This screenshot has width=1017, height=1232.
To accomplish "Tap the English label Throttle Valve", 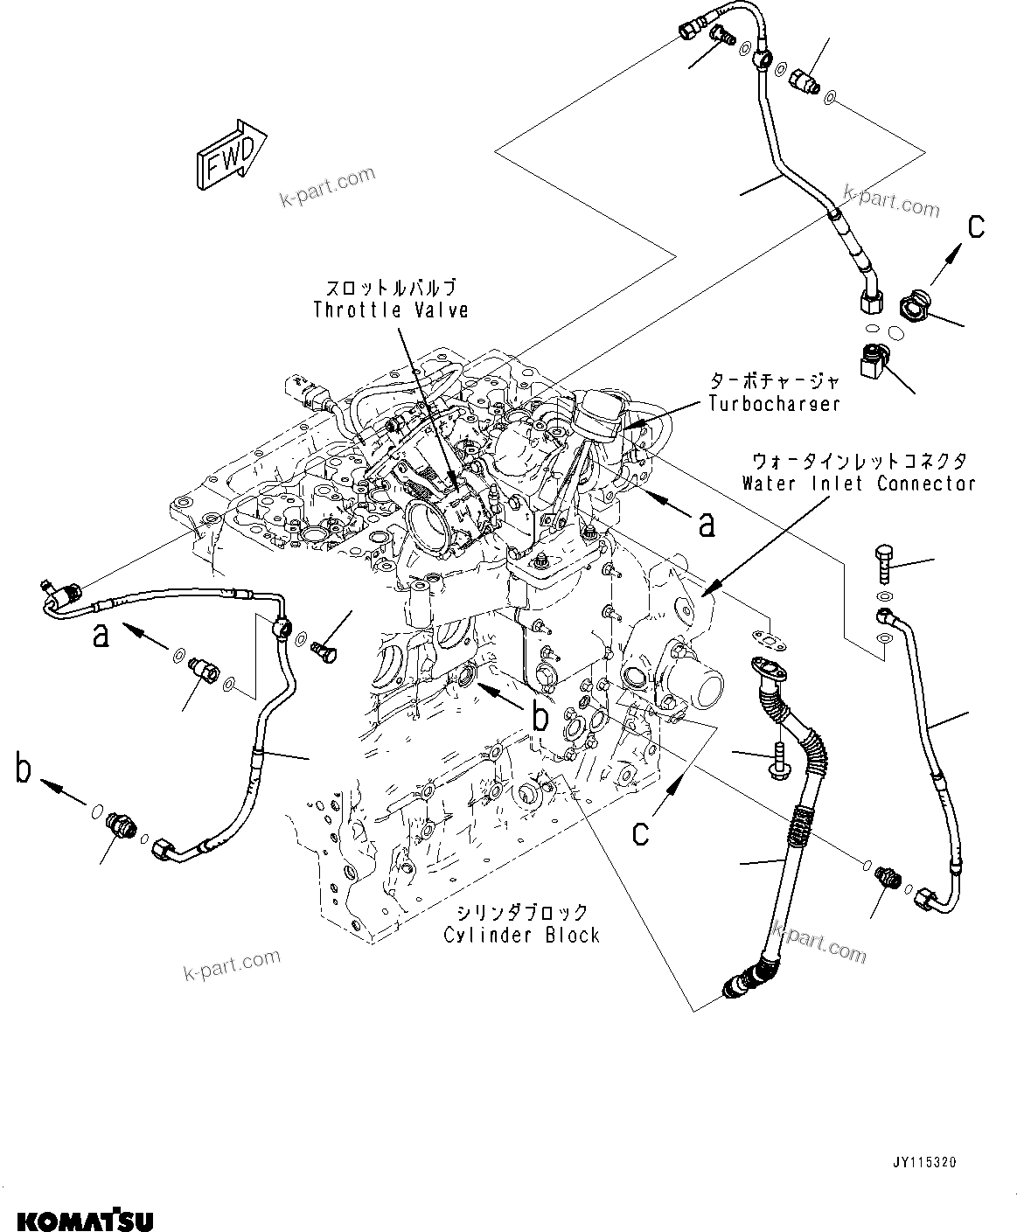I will [x=391, y=310].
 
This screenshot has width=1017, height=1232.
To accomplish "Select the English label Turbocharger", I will [x=774, y=403].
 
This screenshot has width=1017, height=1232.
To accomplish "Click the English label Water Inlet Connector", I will [x=858, y=483].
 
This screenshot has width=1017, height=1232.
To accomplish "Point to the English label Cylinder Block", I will [x=521, y=935].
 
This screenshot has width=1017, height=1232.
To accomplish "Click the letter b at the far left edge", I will [x=24, y=769].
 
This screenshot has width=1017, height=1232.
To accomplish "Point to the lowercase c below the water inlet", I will [x=641, y=832].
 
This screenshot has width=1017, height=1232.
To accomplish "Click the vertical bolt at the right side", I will [x=881, y=564].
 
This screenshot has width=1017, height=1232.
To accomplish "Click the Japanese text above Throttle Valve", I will [x=391, y=288].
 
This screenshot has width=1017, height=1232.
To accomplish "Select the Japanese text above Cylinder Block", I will [x=521, y=912].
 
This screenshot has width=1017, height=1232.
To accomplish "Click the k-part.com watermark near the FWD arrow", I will [x=326, y=186].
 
